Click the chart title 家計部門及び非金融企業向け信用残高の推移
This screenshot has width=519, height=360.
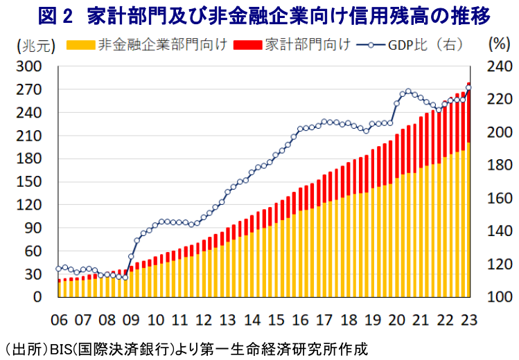tap(294, 15)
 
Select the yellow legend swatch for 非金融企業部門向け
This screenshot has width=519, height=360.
tap(81, 46)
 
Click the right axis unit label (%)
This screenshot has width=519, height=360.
tap(498, 45)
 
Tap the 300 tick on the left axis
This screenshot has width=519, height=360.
tap(33, 66)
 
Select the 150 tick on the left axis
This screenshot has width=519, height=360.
tap(33, 182)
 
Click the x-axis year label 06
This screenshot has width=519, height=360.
tap(60, 320)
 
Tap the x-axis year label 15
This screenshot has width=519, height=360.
tap(276, 320)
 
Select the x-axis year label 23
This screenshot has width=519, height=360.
tap(468, 320)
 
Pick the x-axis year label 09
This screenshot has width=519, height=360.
tap(131, 320)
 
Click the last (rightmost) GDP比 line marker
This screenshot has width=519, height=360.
tap(469, 87)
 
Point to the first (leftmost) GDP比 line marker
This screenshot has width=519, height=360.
tap(59, 269)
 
